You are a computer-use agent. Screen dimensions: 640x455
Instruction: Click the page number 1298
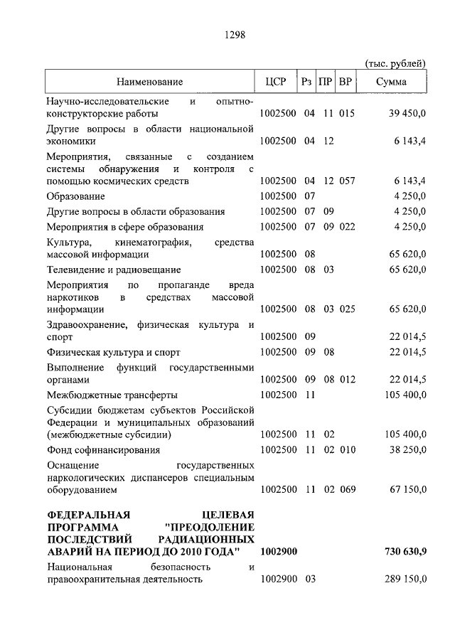[235, 33]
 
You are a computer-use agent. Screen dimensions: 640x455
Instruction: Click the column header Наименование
[150, 82]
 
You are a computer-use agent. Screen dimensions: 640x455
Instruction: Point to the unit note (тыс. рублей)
[395, 63]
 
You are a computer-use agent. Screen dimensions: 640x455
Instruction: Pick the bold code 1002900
[279, 552]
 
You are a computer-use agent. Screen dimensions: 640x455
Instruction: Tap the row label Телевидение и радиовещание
[114, 270]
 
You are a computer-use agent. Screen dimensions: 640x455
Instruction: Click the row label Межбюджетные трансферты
[112, 395]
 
